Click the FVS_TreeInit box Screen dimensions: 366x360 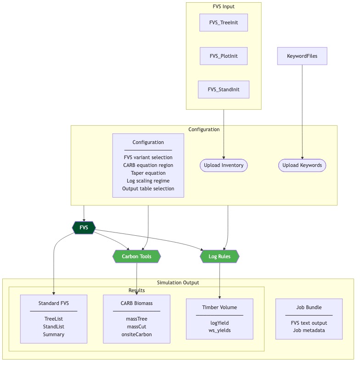pyautogui.click(x=224, y=22)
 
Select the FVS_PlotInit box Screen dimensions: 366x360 pyautogui.click(x=224, y=56)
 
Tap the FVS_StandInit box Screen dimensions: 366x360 pyautogui.click(x=224, y=89)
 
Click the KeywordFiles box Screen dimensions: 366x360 pyautogui.click(x=302, y=56)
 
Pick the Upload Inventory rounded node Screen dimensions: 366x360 pyautogui.click(x=224, y=165)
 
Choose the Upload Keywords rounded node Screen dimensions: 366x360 pyautogui.click(x=302, y=165)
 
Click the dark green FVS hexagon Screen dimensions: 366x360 pyautogui.click(x=84, y=227)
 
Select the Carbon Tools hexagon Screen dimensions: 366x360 pyautogui.click(x=137, y=256)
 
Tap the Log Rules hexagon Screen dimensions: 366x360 pyautogui.click(x=219, y=256)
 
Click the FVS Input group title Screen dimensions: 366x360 pyautogui.click(x=224, y=6)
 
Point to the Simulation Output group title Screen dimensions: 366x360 pyautogui.click(x=178, y=283)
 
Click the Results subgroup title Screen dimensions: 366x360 pyautogui.click(x=136, y=290)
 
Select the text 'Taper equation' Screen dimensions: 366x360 pyautogui.click(x=148, y=173)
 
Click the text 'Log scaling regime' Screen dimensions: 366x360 pyautogui.click(x=148, y=181)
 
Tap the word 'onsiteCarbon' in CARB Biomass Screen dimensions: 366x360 pyautogui.click(x=136, y=334)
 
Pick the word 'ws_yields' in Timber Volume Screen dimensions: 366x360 pyautogui.click(x=219, y=331)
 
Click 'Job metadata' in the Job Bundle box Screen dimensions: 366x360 pyautogui.click(x=309, y=331)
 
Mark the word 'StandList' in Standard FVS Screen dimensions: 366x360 pyautogui.click(x=54, y=327)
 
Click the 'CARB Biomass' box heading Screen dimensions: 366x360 pyautogui.click(x=136, y=303)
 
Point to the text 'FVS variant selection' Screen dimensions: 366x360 pyautogui.click(x=148, y=157)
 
